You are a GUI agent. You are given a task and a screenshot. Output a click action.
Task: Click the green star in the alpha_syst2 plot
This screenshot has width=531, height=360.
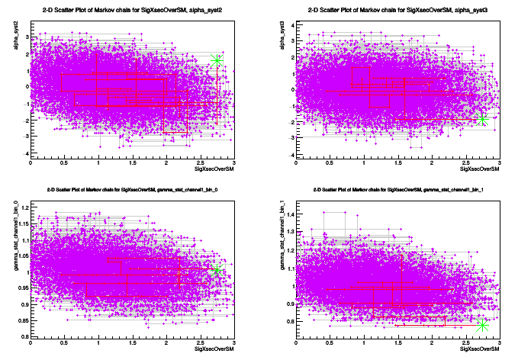click(217, 61)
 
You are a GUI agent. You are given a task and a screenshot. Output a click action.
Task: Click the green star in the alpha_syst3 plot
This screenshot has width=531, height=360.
click(482, 118)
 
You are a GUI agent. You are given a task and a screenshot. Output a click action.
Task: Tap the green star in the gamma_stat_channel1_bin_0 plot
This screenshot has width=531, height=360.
click(217, 270)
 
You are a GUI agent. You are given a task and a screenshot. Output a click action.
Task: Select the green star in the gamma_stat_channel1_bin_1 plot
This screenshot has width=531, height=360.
click(482, 325)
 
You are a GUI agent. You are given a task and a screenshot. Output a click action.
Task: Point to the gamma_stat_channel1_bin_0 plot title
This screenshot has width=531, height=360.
click(131, 188)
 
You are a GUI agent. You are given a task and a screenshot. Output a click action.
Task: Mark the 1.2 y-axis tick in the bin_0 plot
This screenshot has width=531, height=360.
click(24, 207)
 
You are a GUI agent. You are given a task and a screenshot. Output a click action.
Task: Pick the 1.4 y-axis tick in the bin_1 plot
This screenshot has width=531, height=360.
click(289, 216)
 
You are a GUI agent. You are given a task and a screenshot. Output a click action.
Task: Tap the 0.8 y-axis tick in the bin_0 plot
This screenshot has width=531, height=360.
click(24, 336)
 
